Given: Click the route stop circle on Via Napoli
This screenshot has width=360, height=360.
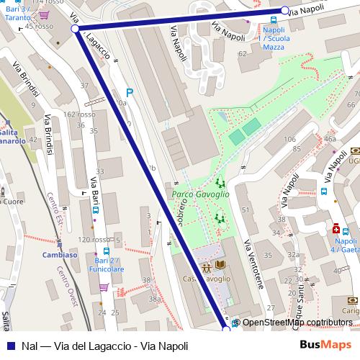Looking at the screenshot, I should (285, 10).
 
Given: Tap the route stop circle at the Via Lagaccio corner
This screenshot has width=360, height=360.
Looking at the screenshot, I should (76, 29).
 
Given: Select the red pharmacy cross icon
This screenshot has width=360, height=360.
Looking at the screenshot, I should (336, 229).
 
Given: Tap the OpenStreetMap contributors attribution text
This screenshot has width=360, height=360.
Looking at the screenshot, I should (297, 323).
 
